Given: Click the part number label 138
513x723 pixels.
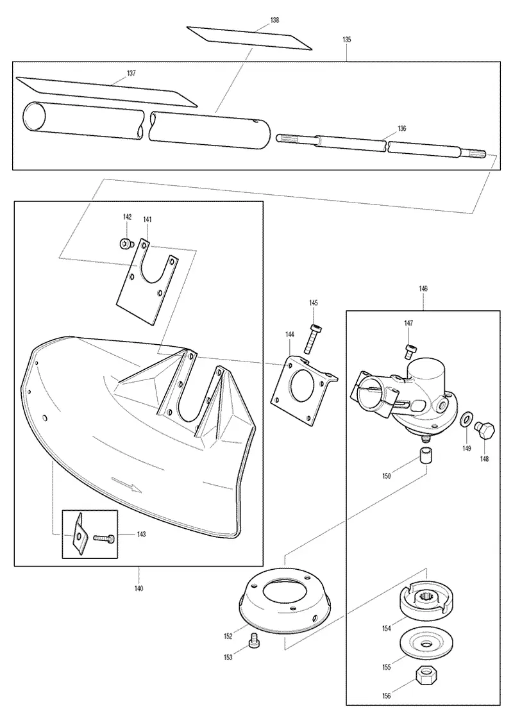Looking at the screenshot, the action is [x=274, y=21].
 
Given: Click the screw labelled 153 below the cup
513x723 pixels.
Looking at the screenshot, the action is [x=253, y=641].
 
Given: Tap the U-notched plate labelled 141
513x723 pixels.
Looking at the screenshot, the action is [x=146, y=281].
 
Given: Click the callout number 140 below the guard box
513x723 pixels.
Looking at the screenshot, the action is [x=139, y=588].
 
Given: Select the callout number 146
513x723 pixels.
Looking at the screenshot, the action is [x=423, y=288].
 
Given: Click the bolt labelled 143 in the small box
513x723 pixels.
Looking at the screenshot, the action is [x=105, y=537].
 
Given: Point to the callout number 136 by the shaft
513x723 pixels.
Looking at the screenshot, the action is [x=402, y=128].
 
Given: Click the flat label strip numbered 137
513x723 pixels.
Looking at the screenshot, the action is [x=106, y=90].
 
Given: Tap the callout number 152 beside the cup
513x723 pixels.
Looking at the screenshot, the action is [x=228, y=636].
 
